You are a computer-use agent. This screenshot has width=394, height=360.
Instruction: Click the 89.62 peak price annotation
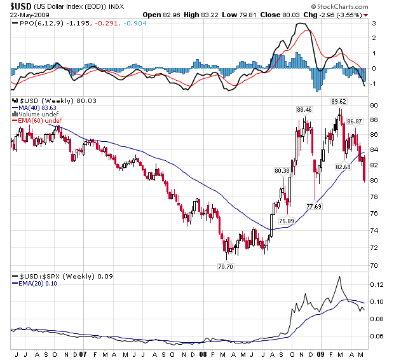click(x=338, y=101)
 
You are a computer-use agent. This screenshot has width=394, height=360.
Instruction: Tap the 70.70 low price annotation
click(x=226, y=267)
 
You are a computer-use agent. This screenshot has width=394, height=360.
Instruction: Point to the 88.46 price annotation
click(x=304, y=109)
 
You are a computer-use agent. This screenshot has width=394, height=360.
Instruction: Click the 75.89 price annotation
click(x=286, y=221)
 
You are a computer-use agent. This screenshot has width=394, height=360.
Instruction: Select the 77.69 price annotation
click(x=314, y=206)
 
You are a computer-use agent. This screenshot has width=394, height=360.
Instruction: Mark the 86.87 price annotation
click(x=354, y=121)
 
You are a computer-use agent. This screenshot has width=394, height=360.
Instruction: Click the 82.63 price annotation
click(x=343, y=167)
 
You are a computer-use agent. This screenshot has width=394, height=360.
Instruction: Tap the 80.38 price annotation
click(x=282, y=170)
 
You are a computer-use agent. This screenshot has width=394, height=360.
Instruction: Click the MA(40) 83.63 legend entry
click(x=39, y=108)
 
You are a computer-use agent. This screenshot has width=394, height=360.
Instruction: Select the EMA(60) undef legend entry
click(x=40, y=121)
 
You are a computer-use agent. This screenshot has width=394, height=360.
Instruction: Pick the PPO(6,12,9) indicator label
click(x=40, y=23)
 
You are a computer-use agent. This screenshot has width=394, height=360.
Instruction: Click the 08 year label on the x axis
click(x=203, y=354)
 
